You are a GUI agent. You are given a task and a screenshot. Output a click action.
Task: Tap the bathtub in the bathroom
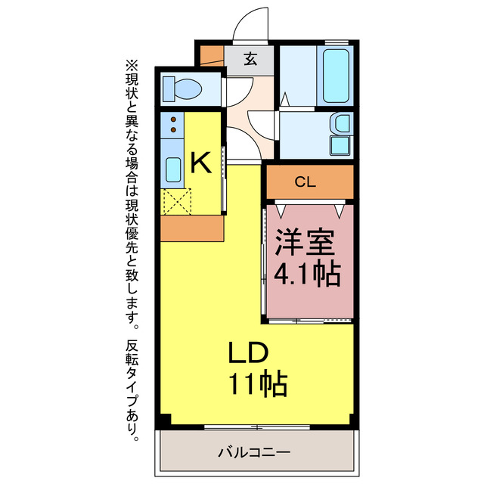[334, 76]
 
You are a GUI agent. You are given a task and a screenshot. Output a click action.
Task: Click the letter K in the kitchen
[200, 161]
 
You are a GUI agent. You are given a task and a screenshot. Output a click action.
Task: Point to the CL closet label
[306, 181]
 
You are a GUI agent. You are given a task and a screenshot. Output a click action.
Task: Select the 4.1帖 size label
[306, 272]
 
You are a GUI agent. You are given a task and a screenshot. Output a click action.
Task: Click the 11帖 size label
[257, 385]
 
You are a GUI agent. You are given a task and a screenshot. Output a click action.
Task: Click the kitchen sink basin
[173, 172]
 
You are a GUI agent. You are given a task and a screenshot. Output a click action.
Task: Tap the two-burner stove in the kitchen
[173, 124]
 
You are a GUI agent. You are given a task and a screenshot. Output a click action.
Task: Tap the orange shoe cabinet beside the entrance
[212, 55]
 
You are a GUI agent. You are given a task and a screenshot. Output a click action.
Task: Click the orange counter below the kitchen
[192, 229]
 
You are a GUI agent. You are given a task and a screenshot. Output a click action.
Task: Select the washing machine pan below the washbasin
[340, 145]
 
